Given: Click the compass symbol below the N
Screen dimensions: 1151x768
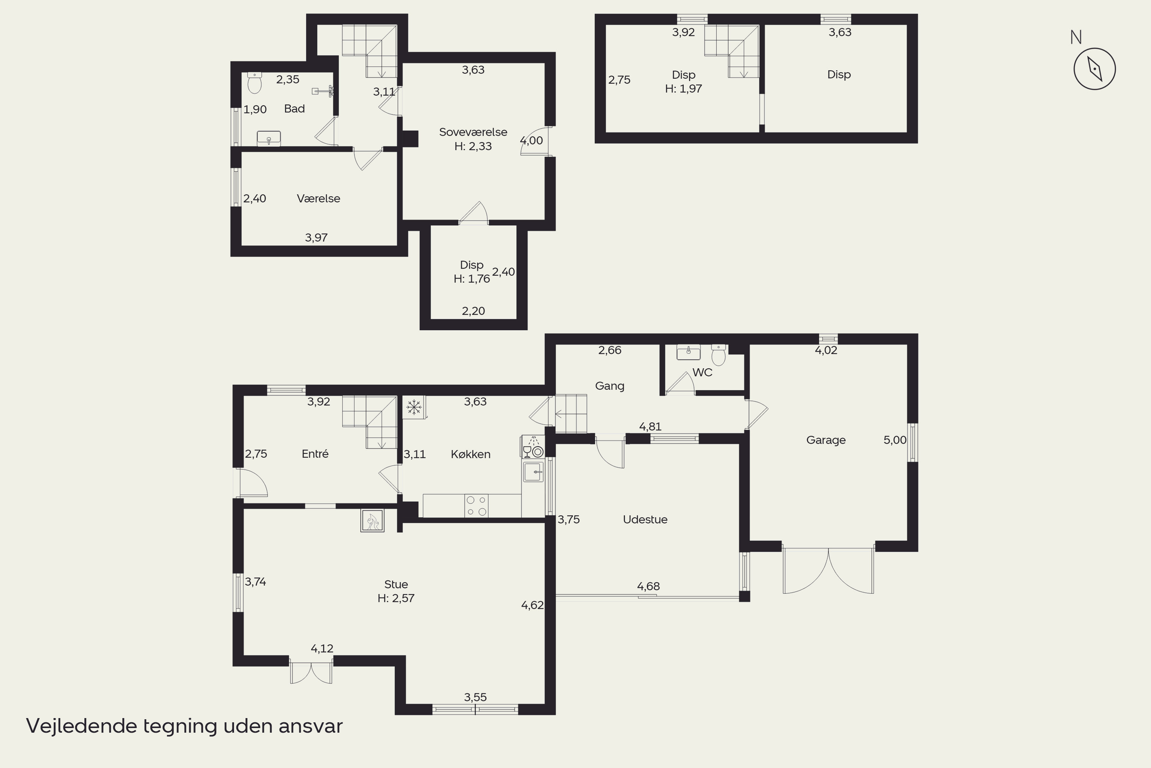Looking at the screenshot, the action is click(x=1094, y=69).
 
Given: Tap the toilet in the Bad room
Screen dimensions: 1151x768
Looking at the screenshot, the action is click(x=254, y=83).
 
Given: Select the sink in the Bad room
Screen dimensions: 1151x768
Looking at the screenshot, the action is click(x=269, y=139).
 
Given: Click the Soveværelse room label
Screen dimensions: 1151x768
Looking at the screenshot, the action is click(x=473, y=132).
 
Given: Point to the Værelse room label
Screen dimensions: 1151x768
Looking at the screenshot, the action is click(x=318, y=199).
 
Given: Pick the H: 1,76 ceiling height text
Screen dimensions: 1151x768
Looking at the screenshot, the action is click(x=472, y=279).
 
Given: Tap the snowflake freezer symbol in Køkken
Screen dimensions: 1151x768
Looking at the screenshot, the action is click(x=414, y=407).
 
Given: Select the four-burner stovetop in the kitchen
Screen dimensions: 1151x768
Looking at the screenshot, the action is click(x=476, y=505).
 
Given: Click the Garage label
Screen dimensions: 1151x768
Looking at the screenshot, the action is click(x=826, y=440).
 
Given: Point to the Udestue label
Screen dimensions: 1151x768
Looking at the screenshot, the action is click(x=645, y=519).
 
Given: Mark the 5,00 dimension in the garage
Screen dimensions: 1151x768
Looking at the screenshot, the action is click(x=895, y=440).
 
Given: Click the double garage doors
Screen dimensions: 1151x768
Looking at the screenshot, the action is click(x=828, y=571).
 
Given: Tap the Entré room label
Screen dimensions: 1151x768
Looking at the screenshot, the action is click(x=315, y=454).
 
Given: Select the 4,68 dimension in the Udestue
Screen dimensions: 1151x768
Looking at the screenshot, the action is click(x=648, y=586).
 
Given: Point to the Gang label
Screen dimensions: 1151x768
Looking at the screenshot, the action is click(x=609, y=386).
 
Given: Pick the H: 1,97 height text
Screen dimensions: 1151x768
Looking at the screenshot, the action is click(x=684, y=89).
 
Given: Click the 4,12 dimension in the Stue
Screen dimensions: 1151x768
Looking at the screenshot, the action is click(x=322, y=649).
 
